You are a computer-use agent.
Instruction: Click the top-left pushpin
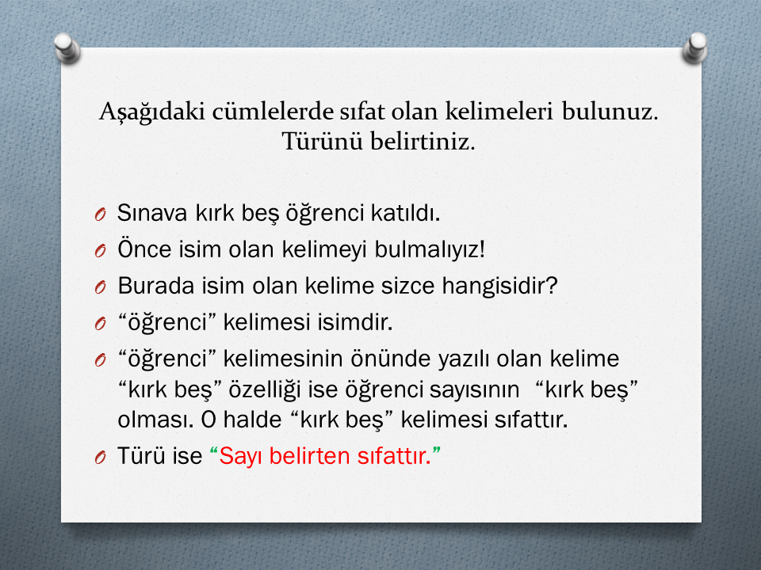[x=67, y=48]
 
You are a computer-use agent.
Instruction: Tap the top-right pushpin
[x=695, y=48]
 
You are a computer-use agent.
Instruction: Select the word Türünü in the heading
[x=323, y=142]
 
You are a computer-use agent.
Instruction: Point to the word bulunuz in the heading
[x=610, y=112]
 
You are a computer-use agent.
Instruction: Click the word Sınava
[x=152, y=213]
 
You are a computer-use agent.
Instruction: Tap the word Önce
[x=144, y=249]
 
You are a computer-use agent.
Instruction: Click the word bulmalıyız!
[x=430, y=249]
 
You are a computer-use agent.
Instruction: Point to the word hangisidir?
[x=499, y=286]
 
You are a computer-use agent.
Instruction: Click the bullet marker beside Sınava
[x=101, y=215]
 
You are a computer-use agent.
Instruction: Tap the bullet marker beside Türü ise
[x=101, y=457]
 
